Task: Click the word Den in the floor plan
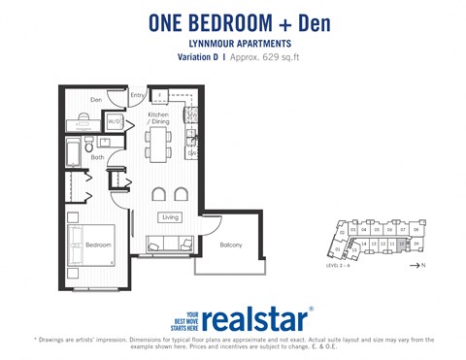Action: click(x=97, y=99)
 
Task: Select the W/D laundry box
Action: click(x=115, y=122)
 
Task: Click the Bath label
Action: click(x=98, y=157)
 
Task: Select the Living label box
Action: click(x=171, y=217)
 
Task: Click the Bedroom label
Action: click(x=98, y=245)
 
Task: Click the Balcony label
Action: click(x=231, y=245)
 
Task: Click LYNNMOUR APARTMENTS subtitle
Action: click(x=233, y=44)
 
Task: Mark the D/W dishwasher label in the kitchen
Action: click(x=194, y=152)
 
